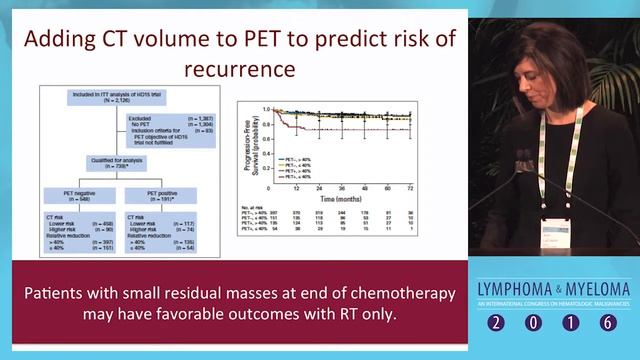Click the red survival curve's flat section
coord(360,129)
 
